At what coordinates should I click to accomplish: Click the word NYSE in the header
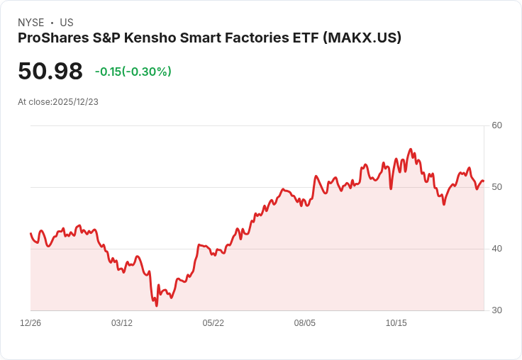(30, 23)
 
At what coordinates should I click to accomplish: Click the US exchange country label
(67, 23)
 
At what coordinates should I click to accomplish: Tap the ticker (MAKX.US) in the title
(362, 38)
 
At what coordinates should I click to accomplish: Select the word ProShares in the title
(52, 38)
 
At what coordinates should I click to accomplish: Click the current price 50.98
(50, 72)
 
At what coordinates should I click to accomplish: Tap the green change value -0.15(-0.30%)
(133, 72)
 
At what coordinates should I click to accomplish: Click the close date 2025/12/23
(75, 102)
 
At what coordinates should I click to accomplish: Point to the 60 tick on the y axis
(496, 125)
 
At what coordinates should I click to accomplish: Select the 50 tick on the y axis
(496, 187)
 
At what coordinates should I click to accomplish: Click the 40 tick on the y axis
(496, 249)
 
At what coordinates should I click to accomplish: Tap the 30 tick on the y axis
(496, 310)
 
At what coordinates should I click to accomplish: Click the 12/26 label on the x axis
(30, 323)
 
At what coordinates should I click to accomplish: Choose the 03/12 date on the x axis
(122, 323)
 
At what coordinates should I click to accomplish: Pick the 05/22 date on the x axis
(213, 323)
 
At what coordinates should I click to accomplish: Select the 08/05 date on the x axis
(305, 323)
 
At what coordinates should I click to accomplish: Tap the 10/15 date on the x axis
(396, 323)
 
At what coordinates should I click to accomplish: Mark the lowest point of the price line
(157, 305)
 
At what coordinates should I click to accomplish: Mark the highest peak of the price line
(411, 150)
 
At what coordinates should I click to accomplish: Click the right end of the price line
(483, 181)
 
